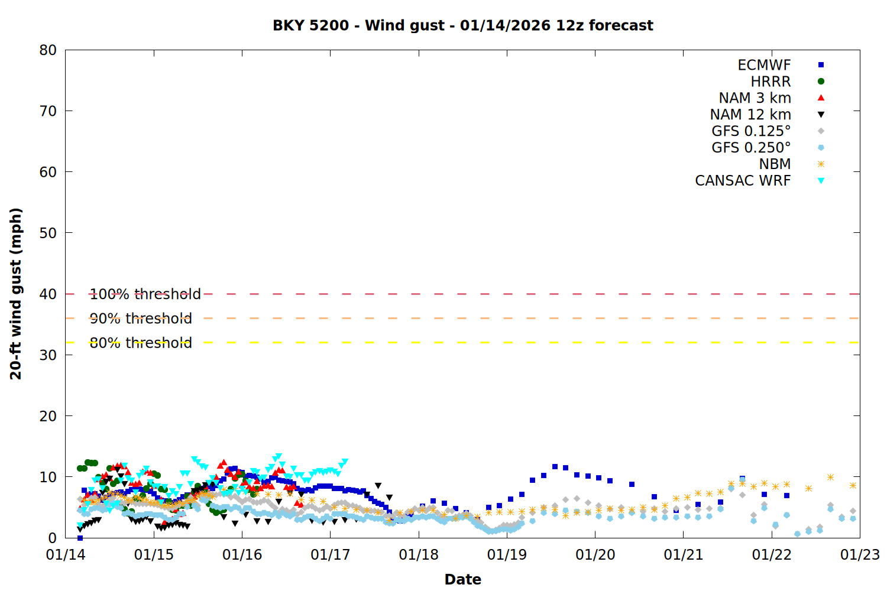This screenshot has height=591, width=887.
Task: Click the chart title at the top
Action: pos(462,25)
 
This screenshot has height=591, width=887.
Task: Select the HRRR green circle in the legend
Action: pos(821,82)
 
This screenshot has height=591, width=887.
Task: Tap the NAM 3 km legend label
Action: pos(755,98)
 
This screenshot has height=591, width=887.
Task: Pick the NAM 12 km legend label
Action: pos(750,115)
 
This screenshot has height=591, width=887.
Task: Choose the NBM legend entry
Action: pos(775,164)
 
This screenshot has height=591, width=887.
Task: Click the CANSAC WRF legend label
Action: pos(742,181)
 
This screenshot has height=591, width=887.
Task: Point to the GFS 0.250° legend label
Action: pos(751,148)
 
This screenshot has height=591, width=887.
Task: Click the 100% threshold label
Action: pos(145,294)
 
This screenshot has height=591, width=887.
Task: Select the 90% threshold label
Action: pos(141,319)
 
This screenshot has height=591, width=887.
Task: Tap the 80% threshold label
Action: pos(141,343)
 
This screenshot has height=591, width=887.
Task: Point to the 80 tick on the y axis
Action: pos(48,50)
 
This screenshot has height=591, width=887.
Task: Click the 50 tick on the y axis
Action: pos(48,233)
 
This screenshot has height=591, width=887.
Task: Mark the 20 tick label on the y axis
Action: pos(48,416)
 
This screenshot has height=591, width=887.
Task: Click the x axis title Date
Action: pos(462,579)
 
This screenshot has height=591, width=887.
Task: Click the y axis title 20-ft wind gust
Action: pos(16,294)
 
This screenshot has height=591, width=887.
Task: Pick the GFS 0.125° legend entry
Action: pos(751,131)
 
